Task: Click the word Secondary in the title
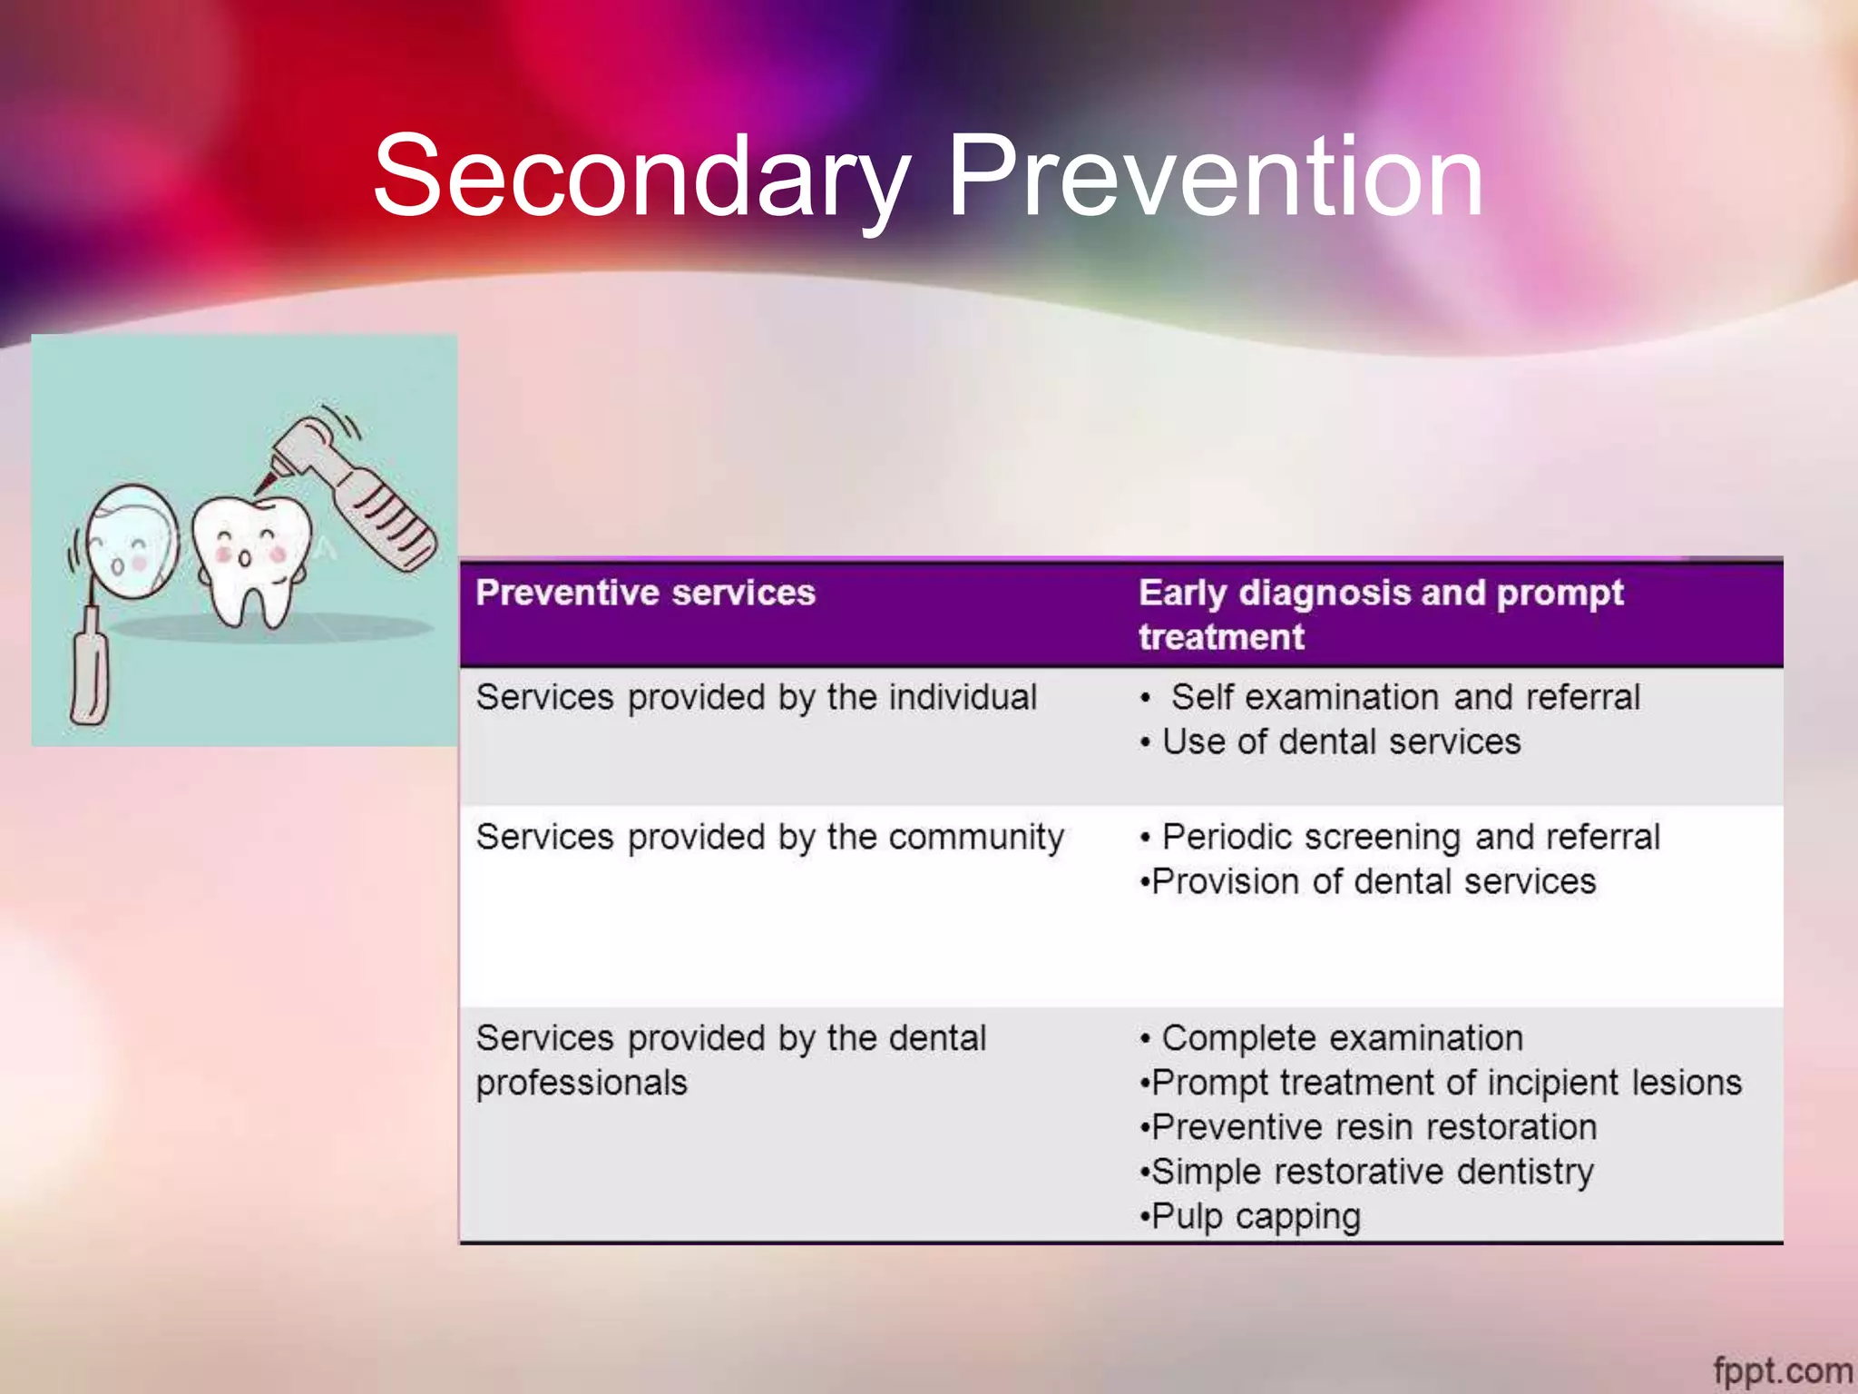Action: click(641, 177)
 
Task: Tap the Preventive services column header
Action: click(645, 594)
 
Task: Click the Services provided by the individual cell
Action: click(756, 698)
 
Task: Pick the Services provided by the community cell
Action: click(769, 837)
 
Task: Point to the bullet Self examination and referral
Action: click(1404, 698)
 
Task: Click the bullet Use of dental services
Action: click(1341, 742)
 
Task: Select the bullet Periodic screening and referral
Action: click(1410, 837)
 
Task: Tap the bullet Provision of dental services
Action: click(1373, 882)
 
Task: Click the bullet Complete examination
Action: click(1341, 1038)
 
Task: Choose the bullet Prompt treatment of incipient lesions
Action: click(1446, 1083)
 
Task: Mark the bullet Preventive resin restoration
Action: click(1374, 1127)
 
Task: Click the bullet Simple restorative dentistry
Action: click(1372, 1172)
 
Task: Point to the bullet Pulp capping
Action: click(1256, 1217)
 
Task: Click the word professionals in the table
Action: click(582, 1083)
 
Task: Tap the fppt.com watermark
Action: click(1782, 1369)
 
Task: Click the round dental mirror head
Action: click(132, 542)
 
